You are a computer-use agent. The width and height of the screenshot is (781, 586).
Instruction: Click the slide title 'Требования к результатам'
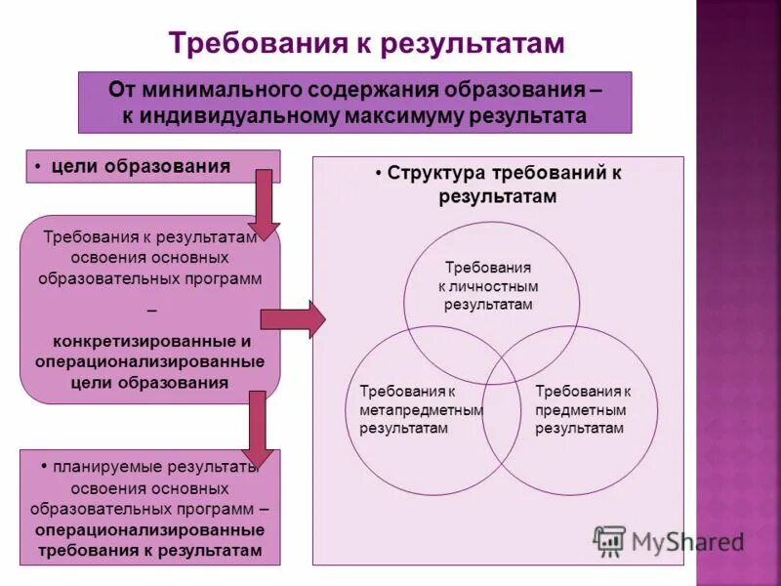point(367,43)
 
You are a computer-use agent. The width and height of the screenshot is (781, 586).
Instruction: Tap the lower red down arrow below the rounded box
point(258,427)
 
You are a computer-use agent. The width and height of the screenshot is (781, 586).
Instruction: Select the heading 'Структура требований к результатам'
point(498,185)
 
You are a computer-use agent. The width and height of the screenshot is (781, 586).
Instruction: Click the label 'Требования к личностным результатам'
point(488,285)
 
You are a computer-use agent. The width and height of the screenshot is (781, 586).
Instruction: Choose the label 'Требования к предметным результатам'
point(583,409)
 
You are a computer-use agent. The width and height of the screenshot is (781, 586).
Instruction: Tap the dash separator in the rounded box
point(150,311)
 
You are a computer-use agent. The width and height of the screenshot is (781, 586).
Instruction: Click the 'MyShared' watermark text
point(688,542)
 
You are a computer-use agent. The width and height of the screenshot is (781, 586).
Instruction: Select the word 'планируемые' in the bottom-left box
point(107,468)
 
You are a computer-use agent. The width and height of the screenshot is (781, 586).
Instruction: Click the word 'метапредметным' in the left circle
point(421,409)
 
